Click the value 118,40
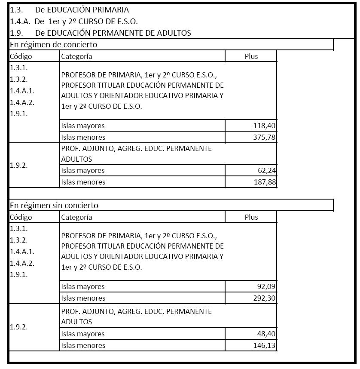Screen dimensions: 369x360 click(264, 126)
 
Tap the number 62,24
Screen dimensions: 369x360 click(267, 170)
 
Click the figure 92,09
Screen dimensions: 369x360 click(266, 286)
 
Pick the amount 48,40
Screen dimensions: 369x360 click(267, 334)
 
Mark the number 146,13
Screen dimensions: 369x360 click(264, 345)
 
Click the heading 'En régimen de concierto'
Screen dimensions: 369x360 click(54, 44)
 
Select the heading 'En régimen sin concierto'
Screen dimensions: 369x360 click(54, 205)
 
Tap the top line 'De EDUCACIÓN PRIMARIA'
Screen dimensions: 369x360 click(82, 9)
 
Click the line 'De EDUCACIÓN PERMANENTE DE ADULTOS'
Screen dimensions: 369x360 click(113, 33)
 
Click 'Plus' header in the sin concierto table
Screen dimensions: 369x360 click(251, 217)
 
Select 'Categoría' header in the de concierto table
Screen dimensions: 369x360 click(76, 56)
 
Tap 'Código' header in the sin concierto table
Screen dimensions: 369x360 click(21, 217)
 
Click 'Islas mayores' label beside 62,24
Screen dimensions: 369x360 click(83, 170)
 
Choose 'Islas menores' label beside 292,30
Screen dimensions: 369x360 click(83, 298)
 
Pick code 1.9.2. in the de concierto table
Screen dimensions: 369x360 click(19, 165)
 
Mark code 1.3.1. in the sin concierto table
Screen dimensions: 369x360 click(19, 228)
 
